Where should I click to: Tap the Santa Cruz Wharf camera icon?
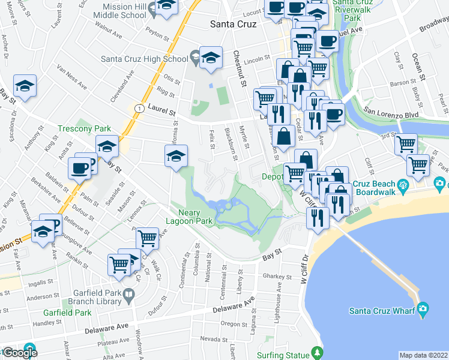point(423,309)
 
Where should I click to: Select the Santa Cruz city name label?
point(233,25)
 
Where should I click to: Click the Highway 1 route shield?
point(139,108)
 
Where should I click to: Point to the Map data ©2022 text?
point(423,355)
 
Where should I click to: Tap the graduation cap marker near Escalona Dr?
point(25,86)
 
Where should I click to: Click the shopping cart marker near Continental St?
point(147,238)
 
